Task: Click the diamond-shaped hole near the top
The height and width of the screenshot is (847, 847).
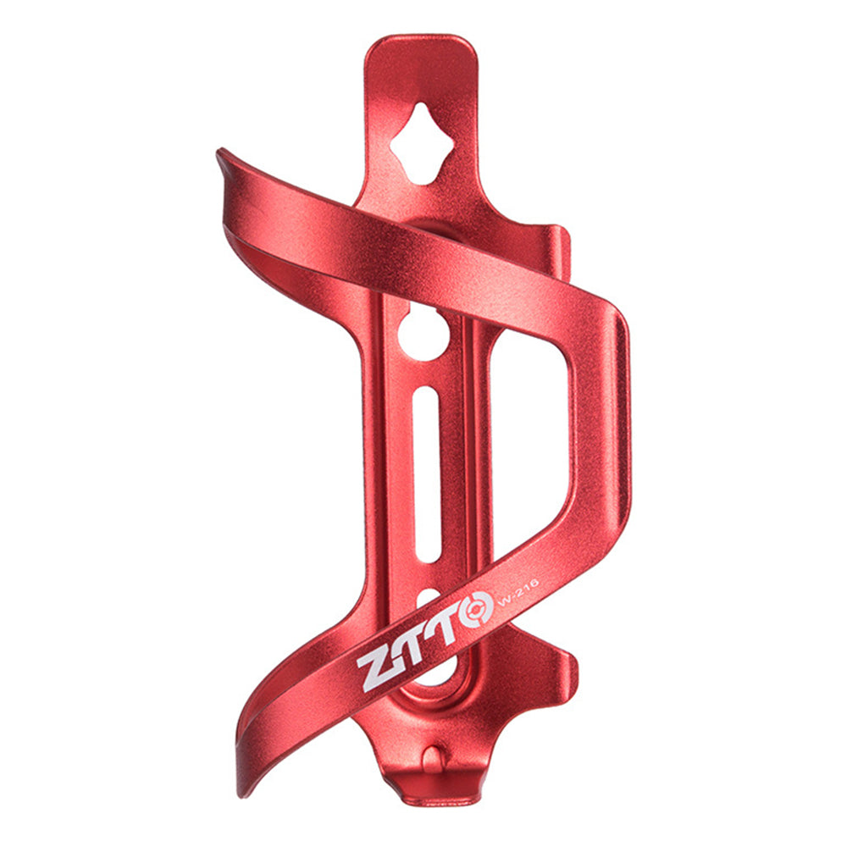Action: tap(422, 144)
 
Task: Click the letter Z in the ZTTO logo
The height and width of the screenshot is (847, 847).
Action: tap(378, 667)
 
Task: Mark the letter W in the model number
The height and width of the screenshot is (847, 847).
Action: tap(503, 601)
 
